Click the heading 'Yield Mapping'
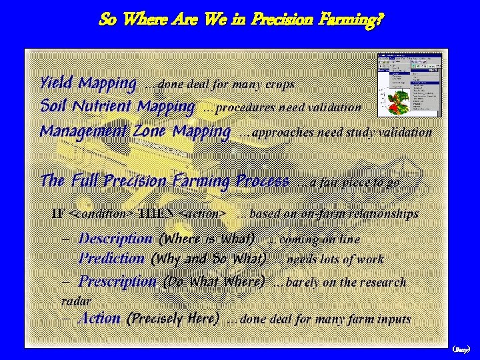point(88,83)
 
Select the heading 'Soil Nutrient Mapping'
point(117,106)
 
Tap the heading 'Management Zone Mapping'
point(135,131)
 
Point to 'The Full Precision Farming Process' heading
point(165,181)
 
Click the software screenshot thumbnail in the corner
point(409,86)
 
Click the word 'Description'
point(115,238)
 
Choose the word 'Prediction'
point(111,258)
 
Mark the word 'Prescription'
point(117,281)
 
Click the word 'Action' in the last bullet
point(99,318)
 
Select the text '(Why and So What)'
point(209,259)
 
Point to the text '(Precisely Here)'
point(173,319)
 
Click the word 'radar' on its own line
point(76,301)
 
